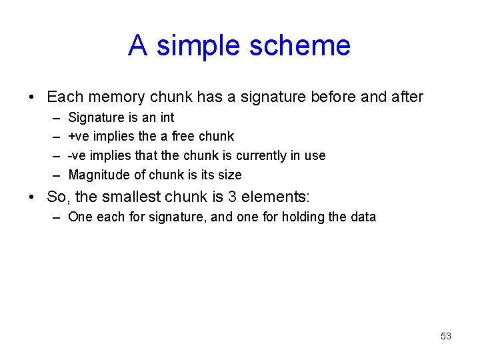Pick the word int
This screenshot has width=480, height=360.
pyautogui.click(x=167, y=118)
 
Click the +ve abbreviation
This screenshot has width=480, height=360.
pyautogui.click(x=79, y=137)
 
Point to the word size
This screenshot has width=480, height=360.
pyautogui.click(x=230, y=175)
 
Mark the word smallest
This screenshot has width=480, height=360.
pyautogui.click(x=133, y=197)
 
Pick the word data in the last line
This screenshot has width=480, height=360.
pyautogui.click(x=364, y=217)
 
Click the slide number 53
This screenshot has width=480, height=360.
pyautogui.click(x=446, y=336)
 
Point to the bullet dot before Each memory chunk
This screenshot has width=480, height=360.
pyautogui.click(x=32, y=98)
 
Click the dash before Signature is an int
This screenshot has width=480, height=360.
pyautogui.click(x=54, y=118)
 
